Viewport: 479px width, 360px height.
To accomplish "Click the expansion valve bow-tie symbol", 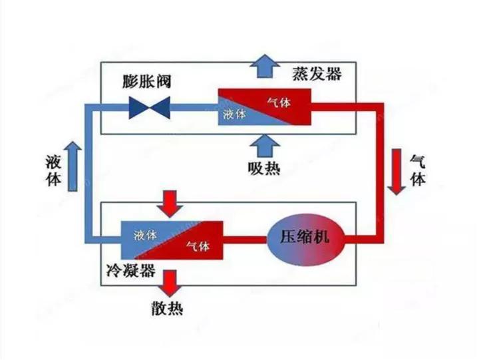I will [x=150, y=104].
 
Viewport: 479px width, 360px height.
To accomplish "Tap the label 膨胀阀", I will [x=148, y=82].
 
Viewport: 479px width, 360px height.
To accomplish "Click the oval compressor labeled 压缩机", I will [x=306, y=236].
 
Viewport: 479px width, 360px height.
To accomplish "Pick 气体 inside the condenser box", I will [x=198, y=246].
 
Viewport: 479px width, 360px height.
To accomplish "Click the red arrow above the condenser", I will [x=172, y=202].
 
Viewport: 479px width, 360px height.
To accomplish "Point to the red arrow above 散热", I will [x=172, y=282].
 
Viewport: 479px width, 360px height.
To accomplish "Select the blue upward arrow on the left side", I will [x=74, y=166].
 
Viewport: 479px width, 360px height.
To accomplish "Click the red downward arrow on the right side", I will [x=398, y=172].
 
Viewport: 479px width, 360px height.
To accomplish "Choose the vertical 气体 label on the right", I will [x=417, y=170].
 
